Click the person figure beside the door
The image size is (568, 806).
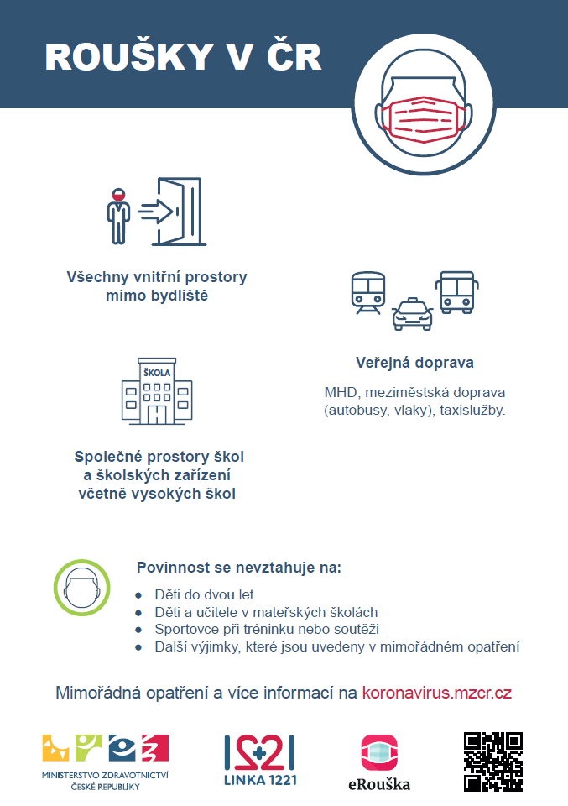pos(118,216)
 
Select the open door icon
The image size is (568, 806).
pos(180,212)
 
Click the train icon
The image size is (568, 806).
pos(368,293)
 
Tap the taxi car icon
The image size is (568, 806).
pos(413,313)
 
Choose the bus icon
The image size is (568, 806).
pos(456,292)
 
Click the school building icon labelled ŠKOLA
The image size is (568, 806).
pos(157,391)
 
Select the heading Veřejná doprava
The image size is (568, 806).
pos(415,363)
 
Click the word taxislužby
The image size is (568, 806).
pos(472,411)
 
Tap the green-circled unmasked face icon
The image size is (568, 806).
pos(81,588)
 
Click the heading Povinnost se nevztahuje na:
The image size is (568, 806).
pos(239,568)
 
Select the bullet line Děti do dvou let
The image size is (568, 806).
pos(205,594)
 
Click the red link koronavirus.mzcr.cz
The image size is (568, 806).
pos(437,693)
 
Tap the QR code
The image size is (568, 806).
pos(493,762)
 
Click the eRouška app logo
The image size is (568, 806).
pos(379,762)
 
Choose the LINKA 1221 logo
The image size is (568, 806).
pos(260,761)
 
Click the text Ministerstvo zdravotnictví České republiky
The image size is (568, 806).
pos(105,781)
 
